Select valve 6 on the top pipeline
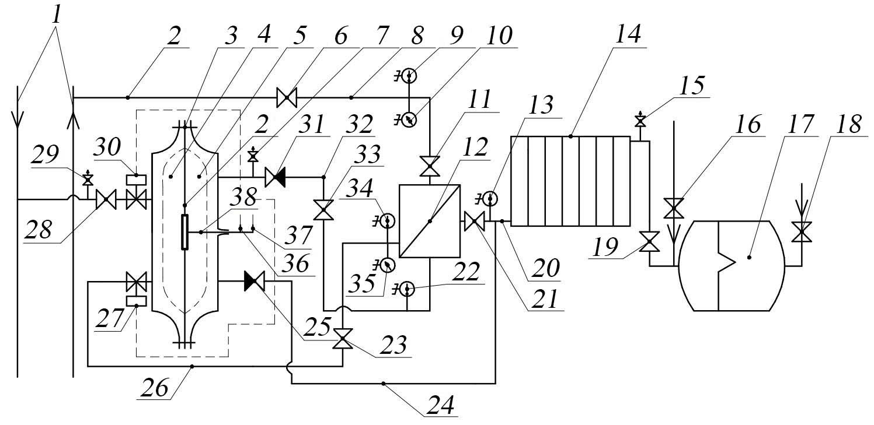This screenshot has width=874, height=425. tap(287, 97)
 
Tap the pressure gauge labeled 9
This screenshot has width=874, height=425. tap(410, 76)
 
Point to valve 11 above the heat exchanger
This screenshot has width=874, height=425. tap(430, 168)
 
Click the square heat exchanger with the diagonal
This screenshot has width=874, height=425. tap(430, 221)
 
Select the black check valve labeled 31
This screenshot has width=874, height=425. tap(274, 177)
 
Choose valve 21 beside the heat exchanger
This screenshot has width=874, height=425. tap(472, 221)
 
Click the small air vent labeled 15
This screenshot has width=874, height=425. tap(640, 122)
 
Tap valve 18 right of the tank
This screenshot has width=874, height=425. tap(801, 231)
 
